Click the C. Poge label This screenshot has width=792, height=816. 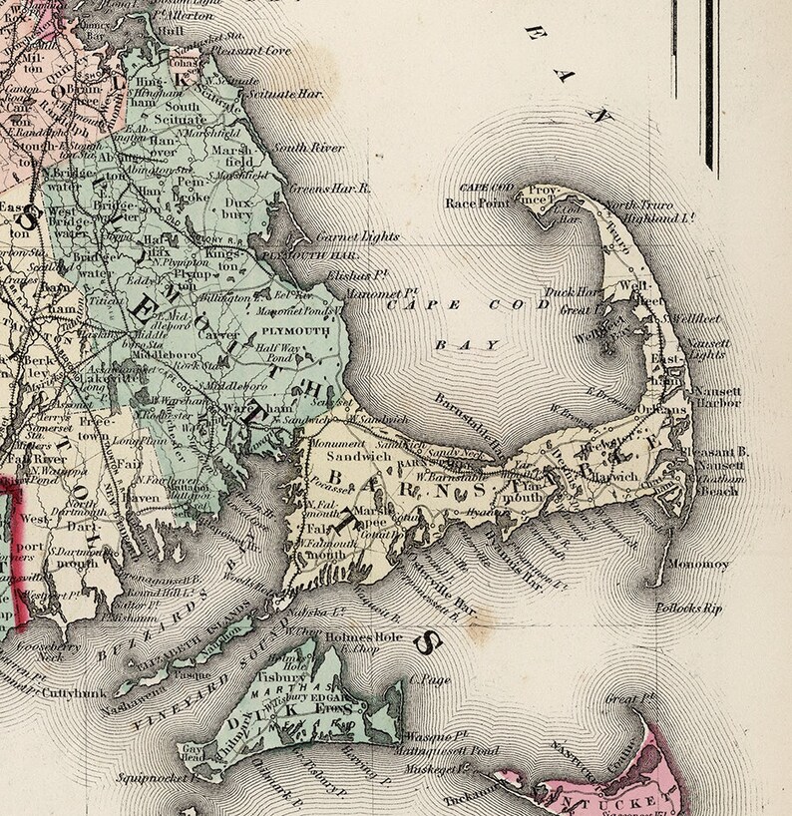click(x=430, y=681)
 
